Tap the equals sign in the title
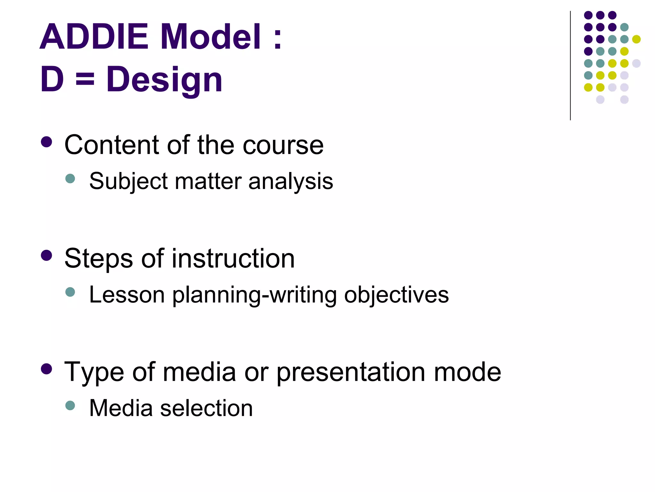[85, 79]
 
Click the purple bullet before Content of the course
[47, 142]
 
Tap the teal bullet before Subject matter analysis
[70, 178]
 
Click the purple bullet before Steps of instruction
[47, 255]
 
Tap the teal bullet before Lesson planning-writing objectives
[70, 292]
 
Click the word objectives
[396, 295]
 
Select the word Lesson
[127, 294]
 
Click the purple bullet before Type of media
[47, 369]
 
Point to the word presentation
[351, 373]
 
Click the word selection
[206, 408]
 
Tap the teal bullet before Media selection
[70, 406]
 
